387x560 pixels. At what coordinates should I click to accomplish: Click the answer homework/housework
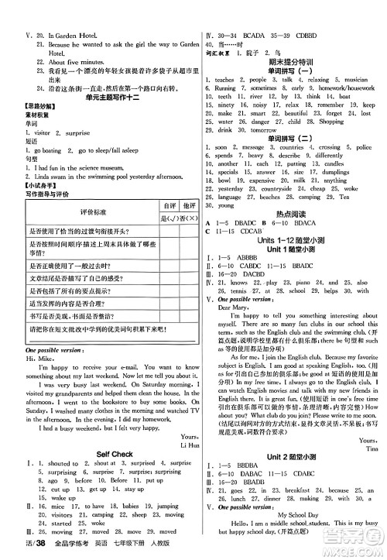334,90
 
